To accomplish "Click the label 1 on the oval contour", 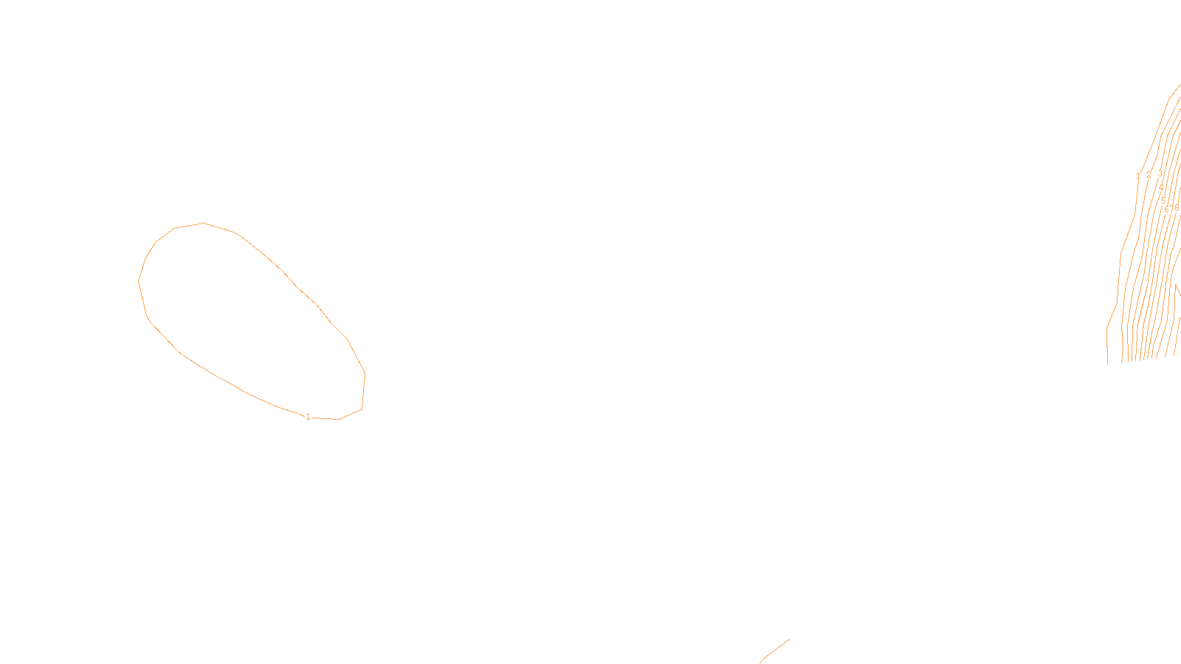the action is [x=308, y=417].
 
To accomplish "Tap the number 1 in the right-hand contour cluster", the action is [x=1138, y=176].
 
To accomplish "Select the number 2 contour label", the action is [x=1149, y=175].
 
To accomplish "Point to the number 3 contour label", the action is [x=1160, y=173].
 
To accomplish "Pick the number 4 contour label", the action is [x=1161, y=187].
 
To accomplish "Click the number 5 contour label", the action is [x=1163, y=200].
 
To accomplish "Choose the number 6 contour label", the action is [x=1166, y=210].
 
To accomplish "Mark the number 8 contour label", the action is [x=1177, y=208].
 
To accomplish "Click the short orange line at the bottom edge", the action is [x=775, y=650].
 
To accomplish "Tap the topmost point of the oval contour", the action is [x=203, y=223].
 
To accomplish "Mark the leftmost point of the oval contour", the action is [x=139, y=280].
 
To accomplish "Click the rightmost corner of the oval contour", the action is [x=365, y=374].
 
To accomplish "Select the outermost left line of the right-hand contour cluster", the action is [x=1115, y=310].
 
